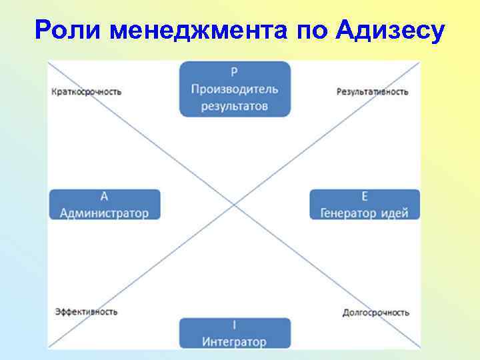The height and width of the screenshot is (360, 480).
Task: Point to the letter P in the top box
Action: tap(235, 73)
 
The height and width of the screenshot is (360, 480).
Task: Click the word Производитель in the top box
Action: tap(235, 89)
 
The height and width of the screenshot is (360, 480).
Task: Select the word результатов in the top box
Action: tap(235, 105)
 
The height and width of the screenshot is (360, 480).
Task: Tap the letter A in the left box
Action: tap(104, 197)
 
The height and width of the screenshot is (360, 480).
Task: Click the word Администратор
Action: tap(104, 213)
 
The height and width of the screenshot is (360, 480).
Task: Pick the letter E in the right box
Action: tap(365, 197)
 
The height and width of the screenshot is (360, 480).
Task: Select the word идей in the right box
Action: tap(396, 213)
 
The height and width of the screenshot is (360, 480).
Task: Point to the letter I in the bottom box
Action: tap(235, 325)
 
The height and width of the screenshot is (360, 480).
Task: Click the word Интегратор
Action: tap(235, 341)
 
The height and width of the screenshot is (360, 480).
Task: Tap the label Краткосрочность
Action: tap(86, 91)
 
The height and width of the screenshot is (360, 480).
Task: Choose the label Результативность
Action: tap(373, 91)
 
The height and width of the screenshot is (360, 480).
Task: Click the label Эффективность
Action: tap(86, 311)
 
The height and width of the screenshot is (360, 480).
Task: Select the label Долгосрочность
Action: tap(375, 312)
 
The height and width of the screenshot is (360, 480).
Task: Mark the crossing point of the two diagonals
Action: tap(233, 205)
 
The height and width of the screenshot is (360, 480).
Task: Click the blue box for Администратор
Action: tap(104, 205)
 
